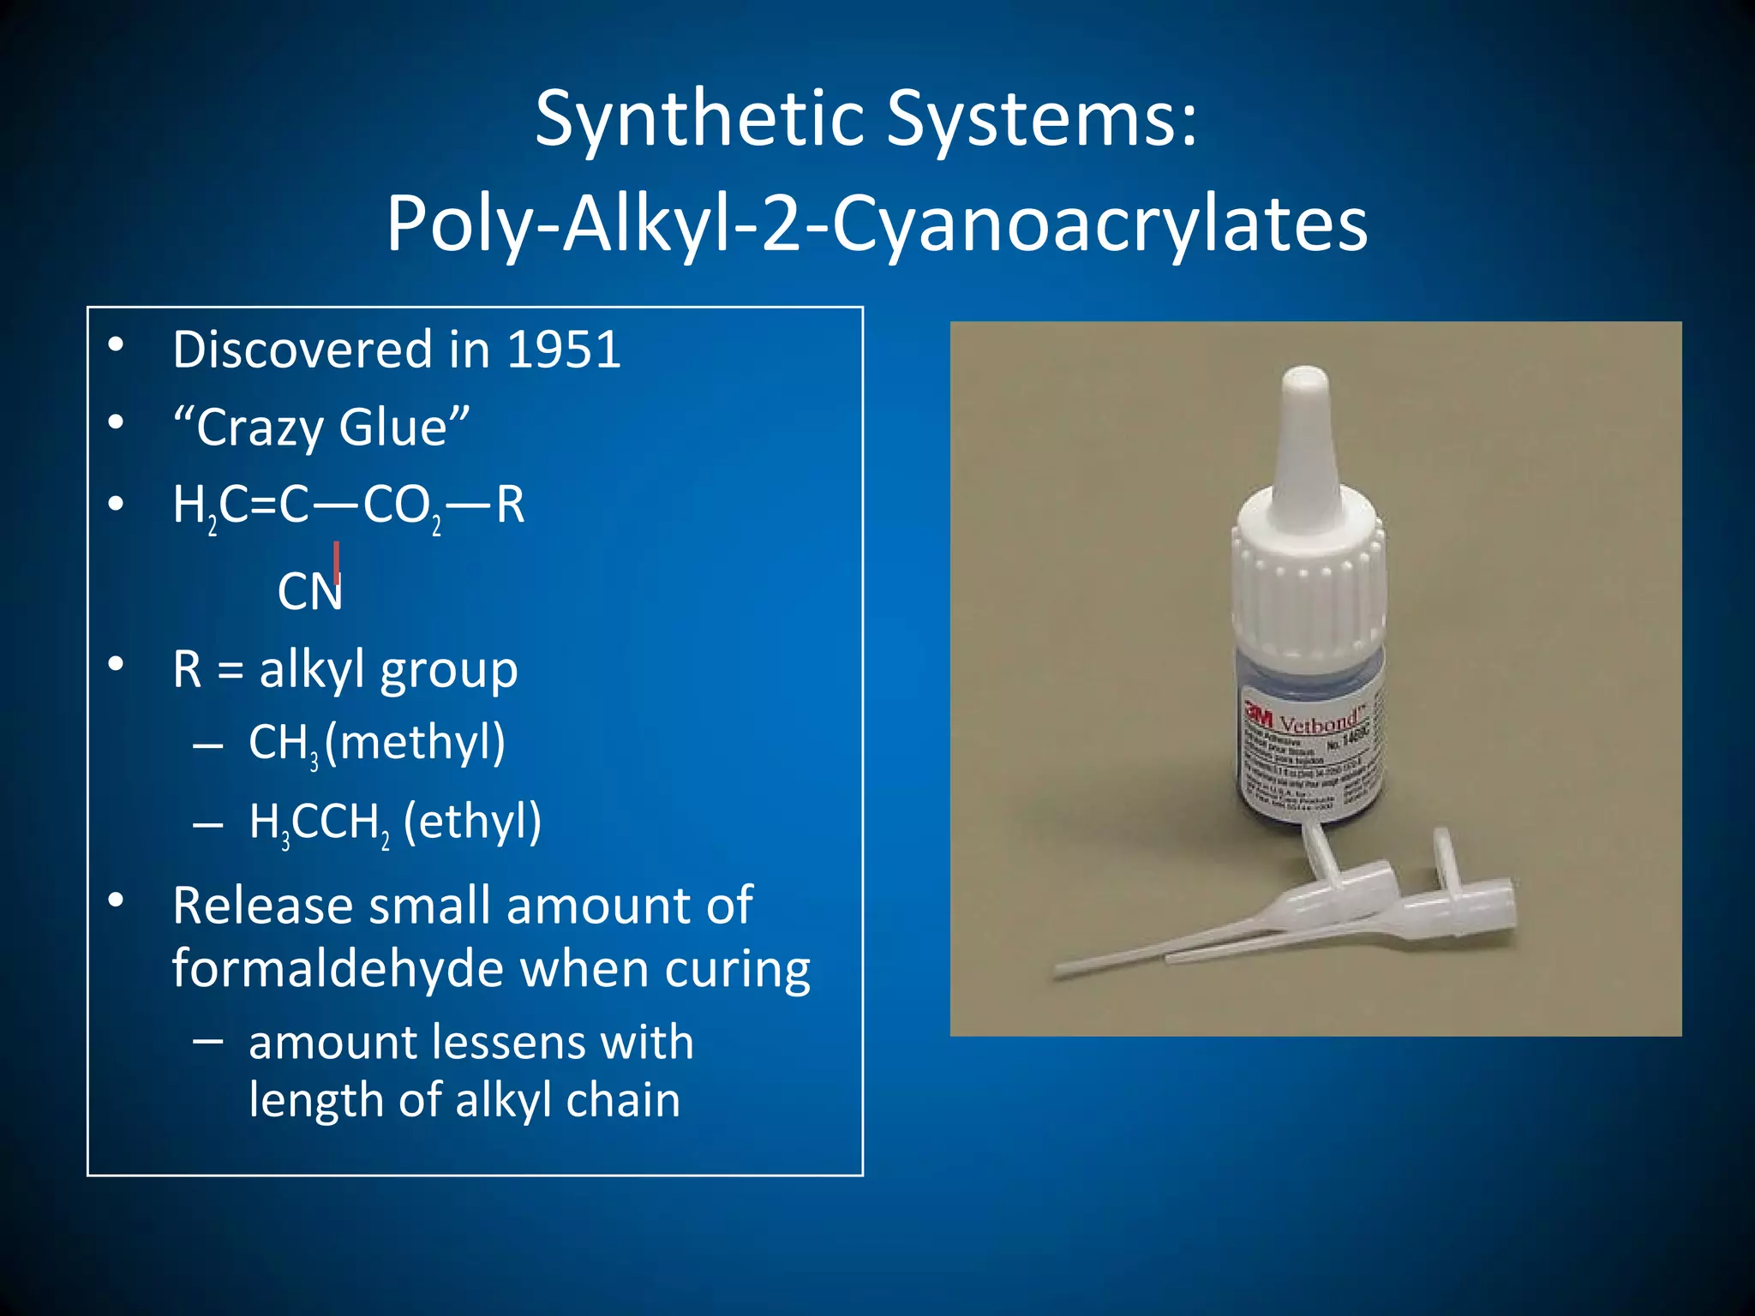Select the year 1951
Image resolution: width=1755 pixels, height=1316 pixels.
[564, 350]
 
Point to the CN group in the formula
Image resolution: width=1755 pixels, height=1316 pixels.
[309, 592]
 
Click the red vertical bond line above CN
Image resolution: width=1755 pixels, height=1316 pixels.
[337, 561]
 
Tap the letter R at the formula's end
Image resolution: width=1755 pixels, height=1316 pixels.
[509, 505]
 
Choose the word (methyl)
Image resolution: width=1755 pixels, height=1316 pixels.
[416, 743]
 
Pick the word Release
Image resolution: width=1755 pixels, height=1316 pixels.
[263, 906]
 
